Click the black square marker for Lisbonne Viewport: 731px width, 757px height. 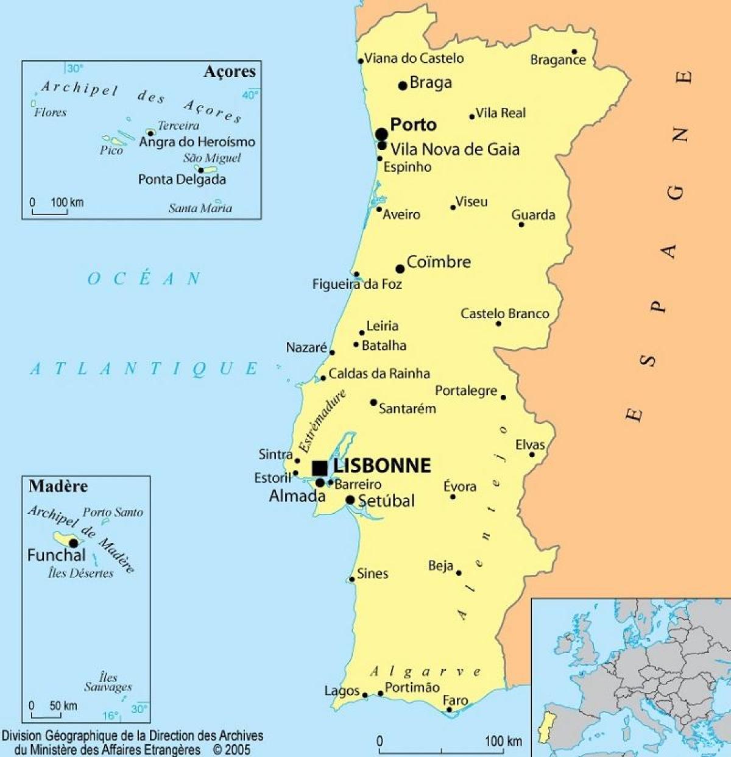pos(320,468)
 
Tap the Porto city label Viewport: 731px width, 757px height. pos(413,125)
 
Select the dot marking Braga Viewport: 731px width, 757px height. pos(403,85)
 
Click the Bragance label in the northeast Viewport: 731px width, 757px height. pos(557,60)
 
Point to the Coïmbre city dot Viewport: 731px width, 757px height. pos(400,269)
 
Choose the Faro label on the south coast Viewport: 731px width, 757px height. pos(455,700)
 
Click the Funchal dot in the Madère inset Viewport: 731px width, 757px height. pos(74,543)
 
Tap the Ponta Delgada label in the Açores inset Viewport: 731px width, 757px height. pos(182,180)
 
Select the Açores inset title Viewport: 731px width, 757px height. pos(230,72)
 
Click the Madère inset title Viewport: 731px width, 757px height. pos(58,486)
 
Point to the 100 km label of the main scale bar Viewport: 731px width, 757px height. pos(503,741)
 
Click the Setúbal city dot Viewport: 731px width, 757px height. pos(350,500)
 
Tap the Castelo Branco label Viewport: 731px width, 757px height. pos(504,314)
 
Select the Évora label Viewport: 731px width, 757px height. pos(459,486)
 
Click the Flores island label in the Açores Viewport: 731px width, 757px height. pos(50,113)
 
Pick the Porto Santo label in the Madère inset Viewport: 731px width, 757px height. pos(113,513)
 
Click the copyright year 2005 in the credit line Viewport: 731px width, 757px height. pos(238,750)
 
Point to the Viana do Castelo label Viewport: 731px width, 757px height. pos(414,59)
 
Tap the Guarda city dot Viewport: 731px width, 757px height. pos(521,224)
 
